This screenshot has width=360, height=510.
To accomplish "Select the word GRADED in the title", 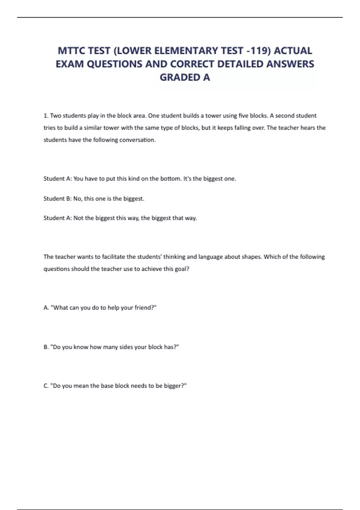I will (x=180, y=77).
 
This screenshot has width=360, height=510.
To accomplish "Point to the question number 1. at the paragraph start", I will (x=46, y=115).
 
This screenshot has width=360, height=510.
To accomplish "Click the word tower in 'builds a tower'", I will (x=213, y=115).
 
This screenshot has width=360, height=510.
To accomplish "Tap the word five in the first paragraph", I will (x=243, y=115).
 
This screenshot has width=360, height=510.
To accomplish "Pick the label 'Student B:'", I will (x=57, y=199).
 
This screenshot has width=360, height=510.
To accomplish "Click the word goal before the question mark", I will (x=181, y=269).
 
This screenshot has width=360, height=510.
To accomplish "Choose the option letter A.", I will (x=46, y=308).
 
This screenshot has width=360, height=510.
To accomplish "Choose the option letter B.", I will (x=46, y=347).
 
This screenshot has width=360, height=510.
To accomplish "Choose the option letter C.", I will (x=46, y=386).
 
